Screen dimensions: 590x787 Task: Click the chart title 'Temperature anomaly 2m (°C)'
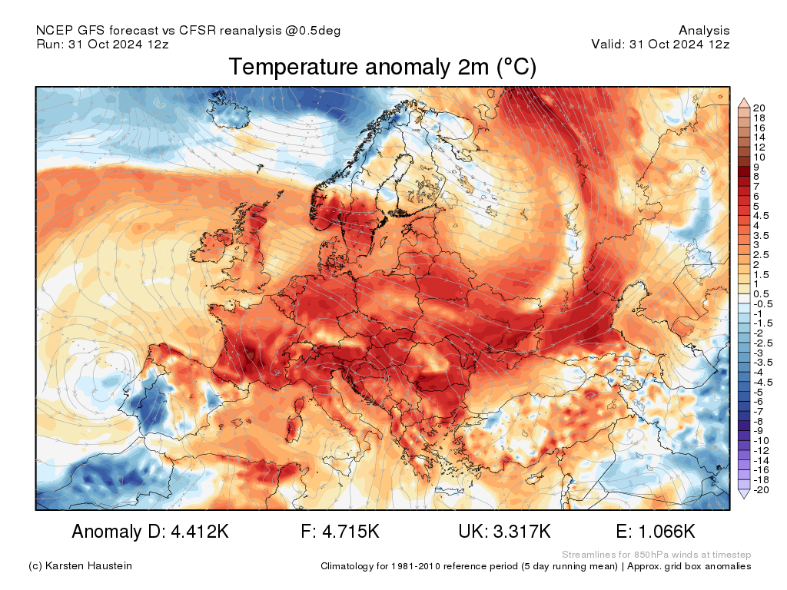click(382, 68)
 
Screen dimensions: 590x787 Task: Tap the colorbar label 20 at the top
click(760, 108)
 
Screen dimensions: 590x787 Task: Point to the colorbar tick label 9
click(757, 167)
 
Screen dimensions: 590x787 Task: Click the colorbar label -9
click(759, 430)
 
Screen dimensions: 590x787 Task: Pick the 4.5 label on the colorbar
click(762, 216)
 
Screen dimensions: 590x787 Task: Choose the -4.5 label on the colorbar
click(763, 382)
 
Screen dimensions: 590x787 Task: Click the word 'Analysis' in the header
click(704, 31)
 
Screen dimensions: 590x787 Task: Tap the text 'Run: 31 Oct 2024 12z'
click(102, 45)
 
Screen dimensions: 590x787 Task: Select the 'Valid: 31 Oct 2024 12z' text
click(660, 45)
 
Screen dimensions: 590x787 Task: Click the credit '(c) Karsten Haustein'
click(80, 566)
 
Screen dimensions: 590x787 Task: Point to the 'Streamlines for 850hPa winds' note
click(656, 555)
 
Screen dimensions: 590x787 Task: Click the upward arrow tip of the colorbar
click(744, 100)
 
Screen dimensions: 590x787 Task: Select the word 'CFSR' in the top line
click(198, 31)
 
